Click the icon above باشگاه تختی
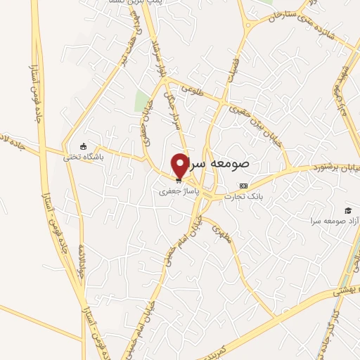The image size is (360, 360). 84,147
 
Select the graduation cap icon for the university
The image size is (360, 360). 347,210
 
